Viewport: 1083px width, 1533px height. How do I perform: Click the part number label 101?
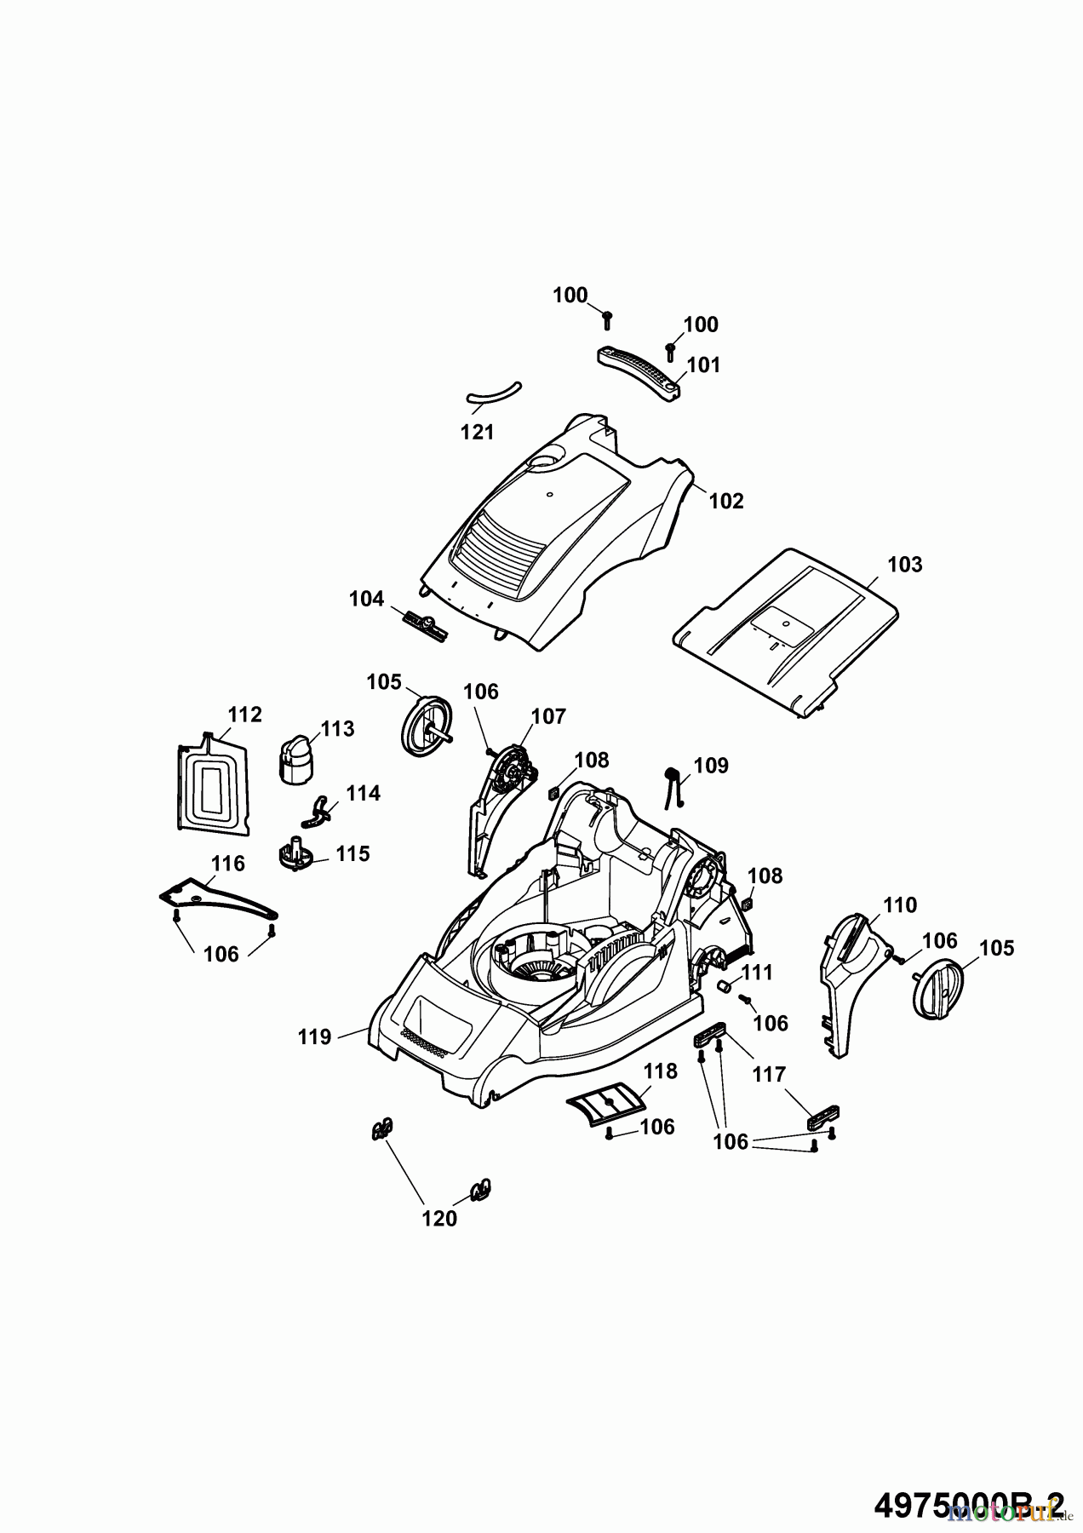tap(703, 365)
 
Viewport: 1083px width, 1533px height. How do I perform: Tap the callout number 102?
tap(726, 501)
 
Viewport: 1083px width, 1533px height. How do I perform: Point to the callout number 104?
tap(366, 599)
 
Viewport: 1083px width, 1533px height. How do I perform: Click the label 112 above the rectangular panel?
tap(245, 714)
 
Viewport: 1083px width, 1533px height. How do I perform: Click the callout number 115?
tap(353, 853)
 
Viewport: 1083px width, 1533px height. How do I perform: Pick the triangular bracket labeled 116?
tap(217, 899)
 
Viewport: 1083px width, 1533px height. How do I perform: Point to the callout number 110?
tap(900, 904)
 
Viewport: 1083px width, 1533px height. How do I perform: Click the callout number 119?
tap(314, 1036)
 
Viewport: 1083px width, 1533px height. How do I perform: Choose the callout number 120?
tap(439, 1219)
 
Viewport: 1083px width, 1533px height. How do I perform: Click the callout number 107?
tap(548, 716)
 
